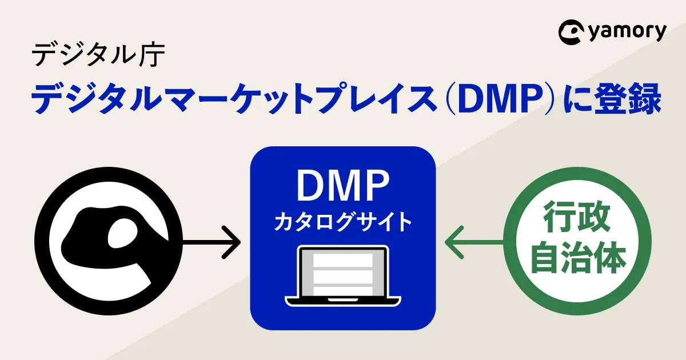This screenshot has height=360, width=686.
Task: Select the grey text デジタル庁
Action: (x=98, y=55)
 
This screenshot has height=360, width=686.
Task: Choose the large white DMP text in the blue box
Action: (x=342, y=186)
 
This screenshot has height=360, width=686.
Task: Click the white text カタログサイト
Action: (x=342, y=222)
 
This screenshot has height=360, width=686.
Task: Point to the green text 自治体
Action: (x=577, y=261)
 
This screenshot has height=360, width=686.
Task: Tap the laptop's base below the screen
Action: (x=342, y=299)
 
